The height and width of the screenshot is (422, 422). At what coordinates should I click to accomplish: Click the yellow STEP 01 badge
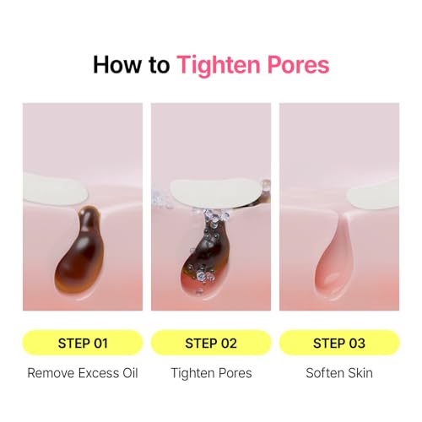pos(82,343)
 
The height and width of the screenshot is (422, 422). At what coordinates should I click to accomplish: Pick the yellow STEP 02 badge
pos(210,343)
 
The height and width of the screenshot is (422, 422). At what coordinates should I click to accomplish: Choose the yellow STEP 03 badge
pos(338,343)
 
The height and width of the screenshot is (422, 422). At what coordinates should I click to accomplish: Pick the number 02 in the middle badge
pos(225,343)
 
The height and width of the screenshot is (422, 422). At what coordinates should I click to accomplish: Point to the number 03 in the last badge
pos(354,343)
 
